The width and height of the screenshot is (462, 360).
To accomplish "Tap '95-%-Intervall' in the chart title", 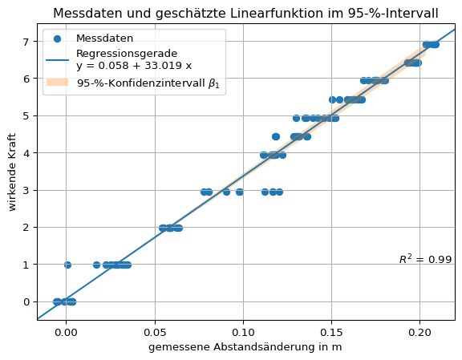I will (x=401, y=14).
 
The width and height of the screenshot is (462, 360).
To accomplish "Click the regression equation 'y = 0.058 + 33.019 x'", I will (x=134, y=65).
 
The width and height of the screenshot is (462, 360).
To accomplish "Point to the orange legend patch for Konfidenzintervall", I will (x=58, y=83).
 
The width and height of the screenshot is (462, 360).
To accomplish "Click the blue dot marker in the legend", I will (x=58, y=38).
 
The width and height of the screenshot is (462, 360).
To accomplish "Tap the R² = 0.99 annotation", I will (x=425, y=259).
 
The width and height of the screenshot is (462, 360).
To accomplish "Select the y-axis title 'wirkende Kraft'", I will (x=14, y=172).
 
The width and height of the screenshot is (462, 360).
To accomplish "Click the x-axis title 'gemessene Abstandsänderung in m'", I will (x=245, y=346).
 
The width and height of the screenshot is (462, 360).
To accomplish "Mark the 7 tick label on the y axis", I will (x=27, y=42).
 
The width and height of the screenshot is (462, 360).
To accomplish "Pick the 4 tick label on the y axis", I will (x=27, y=153).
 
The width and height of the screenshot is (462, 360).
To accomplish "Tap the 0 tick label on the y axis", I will (x=27, y=301).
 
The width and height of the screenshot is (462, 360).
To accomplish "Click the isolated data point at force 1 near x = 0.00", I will (x=67, y=265).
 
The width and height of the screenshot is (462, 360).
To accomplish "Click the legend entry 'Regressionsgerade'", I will (x=127, y=54).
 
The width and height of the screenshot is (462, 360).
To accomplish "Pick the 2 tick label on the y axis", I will (x=27, y=228).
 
